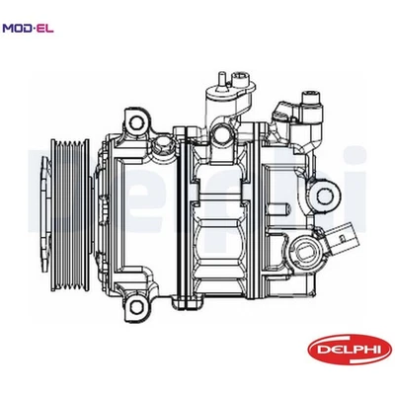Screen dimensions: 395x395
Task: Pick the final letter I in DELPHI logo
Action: coord(365,349)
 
